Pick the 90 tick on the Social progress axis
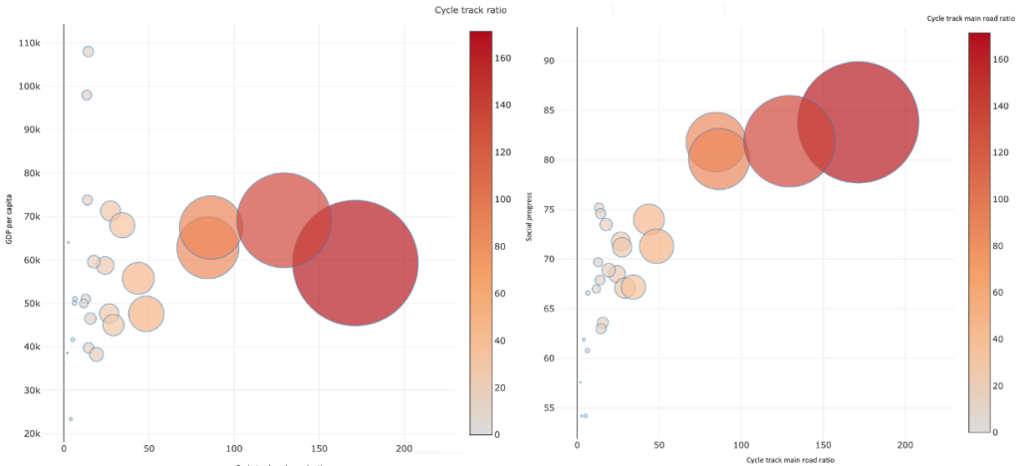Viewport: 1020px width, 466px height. tap(547, 61)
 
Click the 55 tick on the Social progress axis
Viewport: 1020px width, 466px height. tap(547, 407)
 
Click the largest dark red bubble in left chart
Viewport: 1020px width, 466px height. tap(356, 263)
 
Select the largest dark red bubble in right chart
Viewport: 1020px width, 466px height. tap(858, 122)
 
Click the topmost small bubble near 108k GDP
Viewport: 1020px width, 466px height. tap(88, 51)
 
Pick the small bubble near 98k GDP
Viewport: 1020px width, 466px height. tap(87, 95)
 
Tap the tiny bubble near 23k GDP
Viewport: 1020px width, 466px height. tap(71, 419)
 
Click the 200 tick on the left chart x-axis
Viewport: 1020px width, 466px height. tap(404, 449)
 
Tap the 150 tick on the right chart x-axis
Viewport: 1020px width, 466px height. tap(822, 442)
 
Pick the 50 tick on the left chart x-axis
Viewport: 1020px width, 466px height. tap(148, 449)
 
